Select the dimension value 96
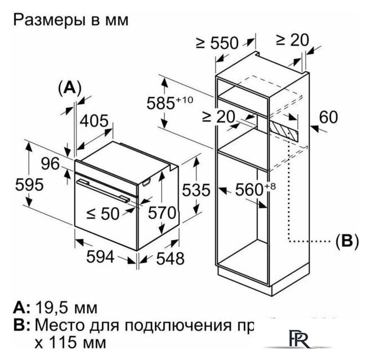point(50,164)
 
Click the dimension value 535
point(195,190)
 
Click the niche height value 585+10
point(168,103)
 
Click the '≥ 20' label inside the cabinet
point(219,116)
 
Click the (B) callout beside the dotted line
point(347,241)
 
